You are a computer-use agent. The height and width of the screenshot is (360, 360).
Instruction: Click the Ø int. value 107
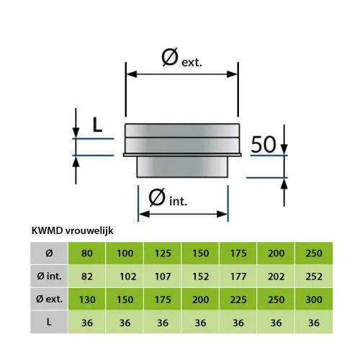[x=163, y=276]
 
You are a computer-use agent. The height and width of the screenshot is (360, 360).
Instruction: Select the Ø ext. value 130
[x=87, y=300]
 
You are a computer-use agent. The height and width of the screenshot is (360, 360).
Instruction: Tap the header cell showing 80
[x=87, y=253]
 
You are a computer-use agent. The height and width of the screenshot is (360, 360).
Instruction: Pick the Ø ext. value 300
[x=314, y=300]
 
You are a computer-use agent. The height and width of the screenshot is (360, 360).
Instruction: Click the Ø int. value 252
[x=314, y=276]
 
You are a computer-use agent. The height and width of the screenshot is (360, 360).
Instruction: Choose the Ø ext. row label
[x=49, y=299]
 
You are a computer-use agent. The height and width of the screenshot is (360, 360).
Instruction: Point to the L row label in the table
[x=49, y=322]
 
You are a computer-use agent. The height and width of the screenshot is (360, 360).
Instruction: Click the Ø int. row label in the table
[x=49, y=276]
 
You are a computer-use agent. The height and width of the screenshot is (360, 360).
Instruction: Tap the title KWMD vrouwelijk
[x=73, y=230]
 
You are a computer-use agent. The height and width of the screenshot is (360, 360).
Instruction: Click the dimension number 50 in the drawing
[x=264, y=144]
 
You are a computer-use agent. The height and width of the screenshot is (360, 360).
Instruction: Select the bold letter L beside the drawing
[x=97, y=125]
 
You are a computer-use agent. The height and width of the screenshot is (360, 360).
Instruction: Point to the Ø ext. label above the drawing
[x=181, y=58]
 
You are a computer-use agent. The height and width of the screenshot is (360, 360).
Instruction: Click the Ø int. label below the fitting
[x=168, y=197]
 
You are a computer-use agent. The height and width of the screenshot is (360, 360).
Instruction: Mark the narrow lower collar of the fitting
[x=182, y=167]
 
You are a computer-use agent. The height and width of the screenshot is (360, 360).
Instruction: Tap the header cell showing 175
[x=238, y=253]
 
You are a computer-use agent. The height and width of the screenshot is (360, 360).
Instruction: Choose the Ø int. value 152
[x=201, y=276]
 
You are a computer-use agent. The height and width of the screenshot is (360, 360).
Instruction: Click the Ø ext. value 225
[x=238, y=300]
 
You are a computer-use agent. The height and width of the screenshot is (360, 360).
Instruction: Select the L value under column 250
[x=314, y=323]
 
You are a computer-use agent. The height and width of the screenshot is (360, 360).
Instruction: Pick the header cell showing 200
[x=276, y=253]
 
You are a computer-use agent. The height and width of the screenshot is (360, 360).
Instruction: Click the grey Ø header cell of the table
[x=49, y=253]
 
